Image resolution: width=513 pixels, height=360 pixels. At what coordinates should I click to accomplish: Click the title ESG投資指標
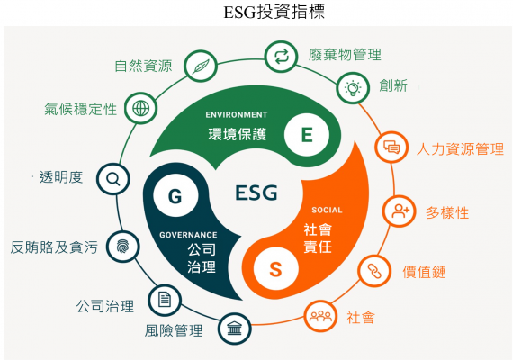[274, 12]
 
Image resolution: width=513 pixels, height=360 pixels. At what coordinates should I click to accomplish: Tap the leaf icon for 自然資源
[201, 66]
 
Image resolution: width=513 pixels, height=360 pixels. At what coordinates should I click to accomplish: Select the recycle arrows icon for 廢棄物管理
[281, 57]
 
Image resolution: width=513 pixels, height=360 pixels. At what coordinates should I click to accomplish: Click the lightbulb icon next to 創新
[353, 88]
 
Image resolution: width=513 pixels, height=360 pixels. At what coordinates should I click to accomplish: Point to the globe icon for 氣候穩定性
[140, 108]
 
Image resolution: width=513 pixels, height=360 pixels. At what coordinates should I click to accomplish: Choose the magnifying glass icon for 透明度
[113, 179]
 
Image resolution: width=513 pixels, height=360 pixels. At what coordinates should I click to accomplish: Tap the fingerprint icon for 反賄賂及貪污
[123, 247]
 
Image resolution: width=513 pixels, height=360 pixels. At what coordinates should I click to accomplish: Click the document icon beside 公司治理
[165, 300]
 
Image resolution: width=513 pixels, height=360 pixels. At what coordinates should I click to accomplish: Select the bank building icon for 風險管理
[235, 328]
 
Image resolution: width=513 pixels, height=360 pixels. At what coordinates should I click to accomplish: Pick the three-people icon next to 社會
[320, 316]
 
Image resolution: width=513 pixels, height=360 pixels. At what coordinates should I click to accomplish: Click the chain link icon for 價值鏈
[374, 271]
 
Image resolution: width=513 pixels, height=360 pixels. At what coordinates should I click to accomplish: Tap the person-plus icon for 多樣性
[400, 211]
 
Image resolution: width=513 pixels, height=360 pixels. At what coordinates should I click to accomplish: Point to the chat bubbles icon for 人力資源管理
[391, 147]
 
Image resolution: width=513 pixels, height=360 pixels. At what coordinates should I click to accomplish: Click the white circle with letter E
[307, 134]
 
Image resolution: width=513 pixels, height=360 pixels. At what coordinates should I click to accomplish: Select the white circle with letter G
[175, 195]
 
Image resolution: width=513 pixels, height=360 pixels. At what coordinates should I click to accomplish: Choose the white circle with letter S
[275, 269]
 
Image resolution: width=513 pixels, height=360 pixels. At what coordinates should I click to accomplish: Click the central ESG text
[256, 193]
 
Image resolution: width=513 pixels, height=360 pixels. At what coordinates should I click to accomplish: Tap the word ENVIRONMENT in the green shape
[237, 115]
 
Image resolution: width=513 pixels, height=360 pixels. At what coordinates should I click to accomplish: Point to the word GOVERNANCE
[188, 235]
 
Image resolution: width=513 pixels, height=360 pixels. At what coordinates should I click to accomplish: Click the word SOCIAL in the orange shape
[327, 210]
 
